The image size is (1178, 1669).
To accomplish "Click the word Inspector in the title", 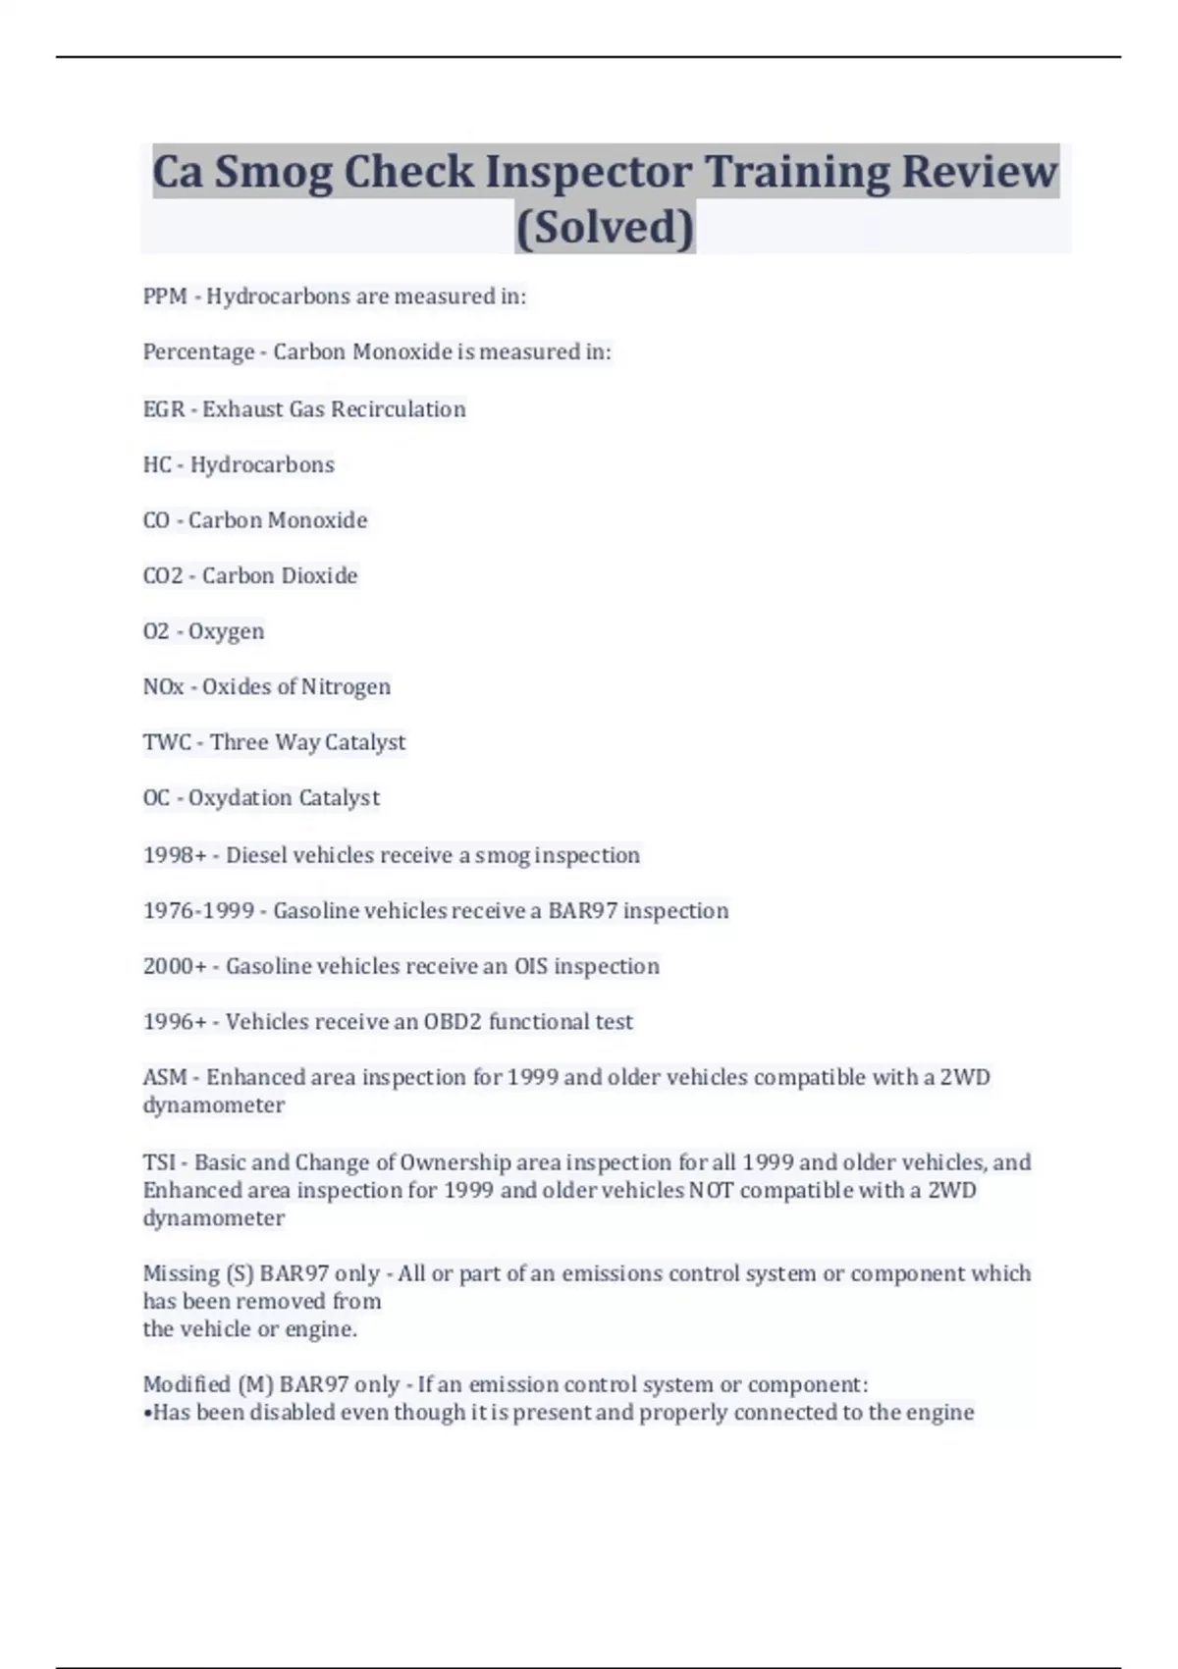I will (589, 172).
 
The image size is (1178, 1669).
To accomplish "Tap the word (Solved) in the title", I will (605, 227).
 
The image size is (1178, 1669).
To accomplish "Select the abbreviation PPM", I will (165, 296).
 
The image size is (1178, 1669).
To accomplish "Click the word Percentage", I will (198, 352).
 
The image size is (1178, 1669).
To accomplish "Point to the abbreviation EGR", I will (164, 409).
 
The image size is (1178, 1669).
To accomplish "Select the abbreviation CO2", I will (163, 576).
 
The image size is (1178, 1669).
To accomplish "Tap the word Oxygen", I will (226, 632).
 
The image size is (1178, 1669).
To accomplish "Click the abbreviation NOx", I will (163, 687).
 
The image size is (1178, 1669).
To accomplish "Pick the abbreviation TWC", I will (167, 743).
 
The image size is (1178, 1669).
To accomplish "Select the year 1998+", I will (175, 856).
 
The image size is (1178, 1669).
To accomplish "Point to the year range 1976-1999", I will (198, 911).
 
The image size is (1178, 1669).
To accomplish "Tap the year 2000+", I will (175, 967).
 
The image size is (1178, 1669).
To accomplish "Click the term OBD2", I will (453, 1022).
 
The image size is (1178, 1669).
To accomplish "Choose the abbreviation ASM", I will (165, 1078).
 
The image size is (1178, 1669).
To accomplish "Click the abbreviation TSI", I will (159, 1163).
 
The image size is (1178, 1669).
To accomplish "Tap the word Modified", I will (187, 1385).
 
